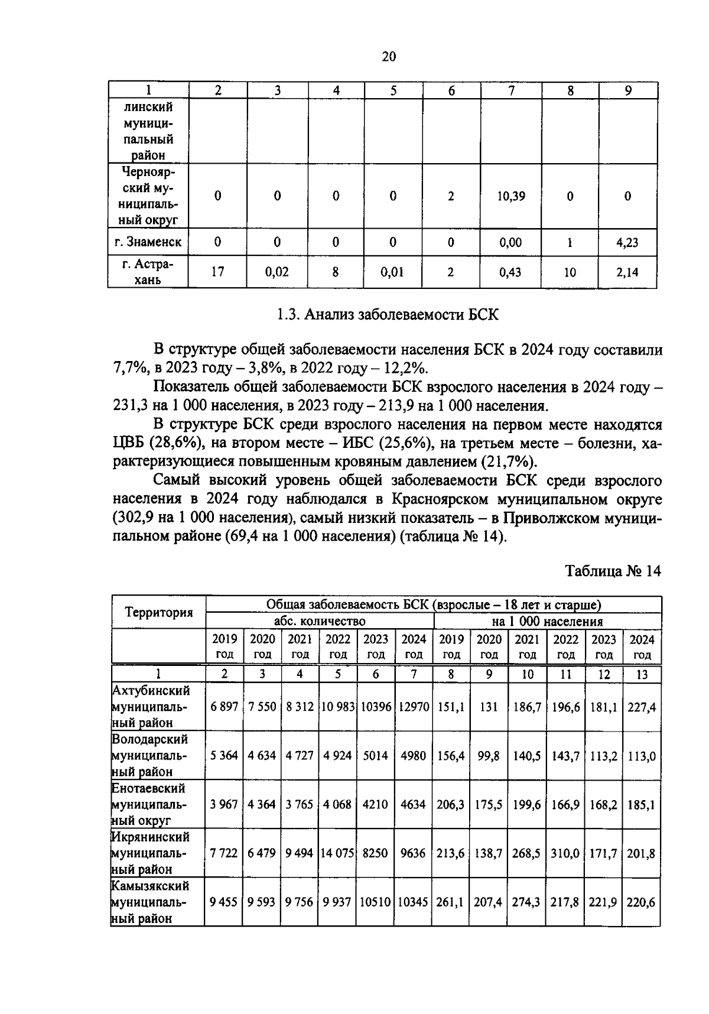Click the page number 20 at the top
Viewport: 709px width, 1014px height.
[x=389, y=57]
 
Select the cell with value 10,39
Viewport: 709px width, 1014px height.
[x=510, y=196]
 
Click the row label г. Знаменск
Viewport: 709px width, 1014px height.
[x=148, y=242]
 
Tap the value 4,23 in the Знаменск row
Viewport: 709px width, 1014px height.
[x=627, y=242]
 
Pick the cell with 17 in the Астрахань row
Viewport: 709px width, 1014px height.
[x=217, y=272]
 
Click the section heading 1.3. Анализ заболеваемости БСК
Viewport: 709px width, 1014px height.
[x=388, y=315]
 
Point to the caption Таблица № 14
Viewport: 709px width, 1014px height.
[x=613, y=571]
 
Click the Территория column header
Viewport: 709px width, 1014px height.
[x=159, y=612]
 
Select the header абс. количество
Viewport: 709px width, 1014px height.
[x=320, y=621]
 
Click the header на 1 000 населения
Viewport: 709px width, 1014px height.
[x=548, y=621]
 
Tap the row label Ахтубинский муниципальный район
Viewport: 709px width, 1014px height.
[x=151, y=706]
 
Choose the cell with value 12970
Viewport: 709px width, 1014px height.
[x=414, y=707]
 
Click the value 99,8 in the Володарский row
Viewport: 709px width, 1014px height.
[x=489, y=756]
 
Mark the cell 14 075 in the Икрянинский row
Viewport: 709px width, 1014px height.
[x=338, y=854]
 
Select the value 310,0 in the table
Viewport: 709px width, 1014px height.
[x=565, y=854]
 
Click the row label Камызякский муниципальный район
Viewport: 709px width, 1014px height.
[x=151, y=902]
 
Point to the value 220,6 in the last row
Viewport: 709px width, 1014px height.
[x=641, y=903]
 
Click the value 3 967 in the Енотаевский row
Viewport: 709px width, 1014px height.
[x=224, y=805]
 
